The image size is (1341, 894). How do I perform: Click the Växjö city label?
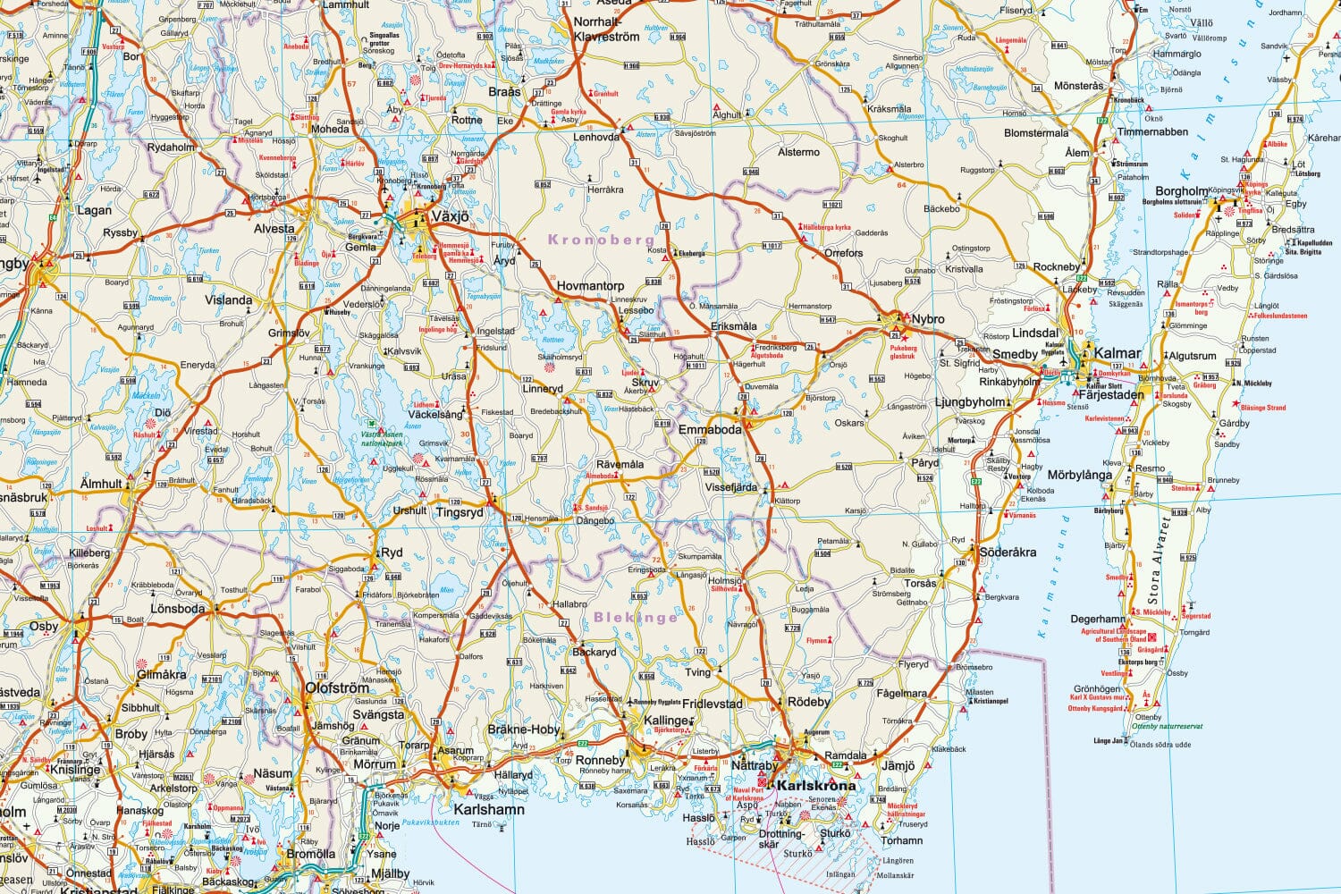(450, 216)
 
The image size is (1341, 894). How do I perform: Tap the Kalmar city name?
(1117, 353)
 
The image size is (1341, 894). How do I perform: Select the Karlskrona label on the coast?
(816, 786)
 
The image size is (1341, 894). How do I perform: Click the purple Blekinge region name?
(636, 617)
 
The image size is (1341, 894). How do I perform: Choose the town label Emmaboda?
(710, 430)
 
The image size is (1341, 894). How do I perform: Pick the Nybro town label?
(928, 319)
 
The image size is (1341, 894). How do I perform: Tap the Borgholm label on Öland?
(1182, 191)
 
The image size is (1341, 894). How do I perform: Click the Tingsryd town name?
(459, 512)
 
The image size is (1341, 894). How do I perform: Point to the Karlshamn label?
(489, 810)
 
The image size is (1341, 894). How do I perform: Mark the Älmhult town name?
(101, 484)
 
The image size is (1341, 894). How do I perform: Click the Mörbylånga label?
(1080, 475)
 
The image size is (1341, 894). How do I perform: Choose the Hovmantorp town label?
(590, 286)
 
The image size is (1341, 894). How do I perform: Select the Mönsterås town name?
(1079, 86)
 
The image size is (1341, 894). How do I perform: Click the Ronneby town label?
(601, 761)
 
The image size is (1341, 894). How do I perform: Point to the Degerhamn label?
(1098, 619)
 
